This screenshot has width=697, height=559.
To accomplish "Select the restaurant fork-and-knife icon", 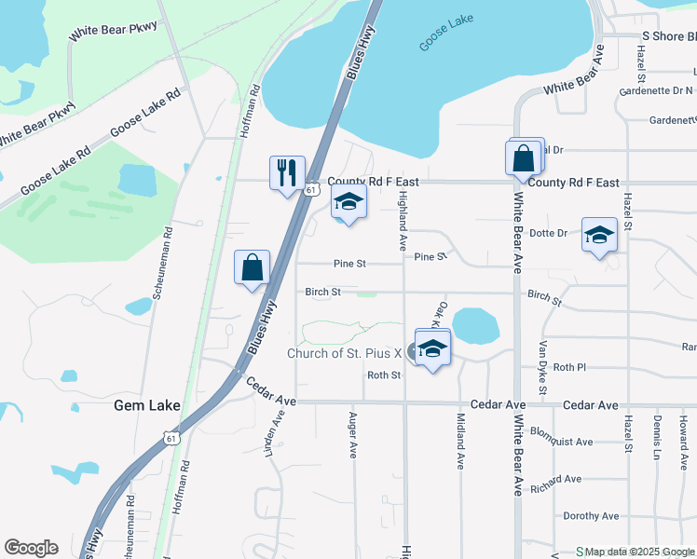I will coord(286,171).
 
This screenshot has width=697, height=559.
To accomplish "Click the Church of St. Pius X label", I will coord(344,353).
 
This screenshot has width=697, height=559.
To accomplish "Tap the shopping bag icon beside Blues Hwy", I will coord(252,268).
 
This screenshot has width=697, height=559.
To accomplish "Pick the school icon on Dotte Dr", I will coord(599,235).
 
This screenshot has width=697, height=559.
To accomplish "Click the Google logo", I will coord(31,548).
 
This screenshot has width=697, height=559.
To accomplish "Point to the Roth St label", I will coord(383,375).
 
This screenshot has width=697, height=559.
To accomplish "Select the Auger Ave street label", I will coord(353,436).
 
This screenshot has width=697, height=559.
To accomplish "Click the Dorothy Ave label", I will coord(591,516).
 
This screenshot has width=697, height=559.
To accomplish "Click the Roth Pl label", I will coord(569,367).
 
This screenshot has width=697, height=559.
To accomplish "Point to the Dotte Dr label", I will coord(549,233).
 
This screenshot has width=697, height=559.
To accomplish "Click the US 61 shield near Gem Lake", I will coord(168,437).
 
